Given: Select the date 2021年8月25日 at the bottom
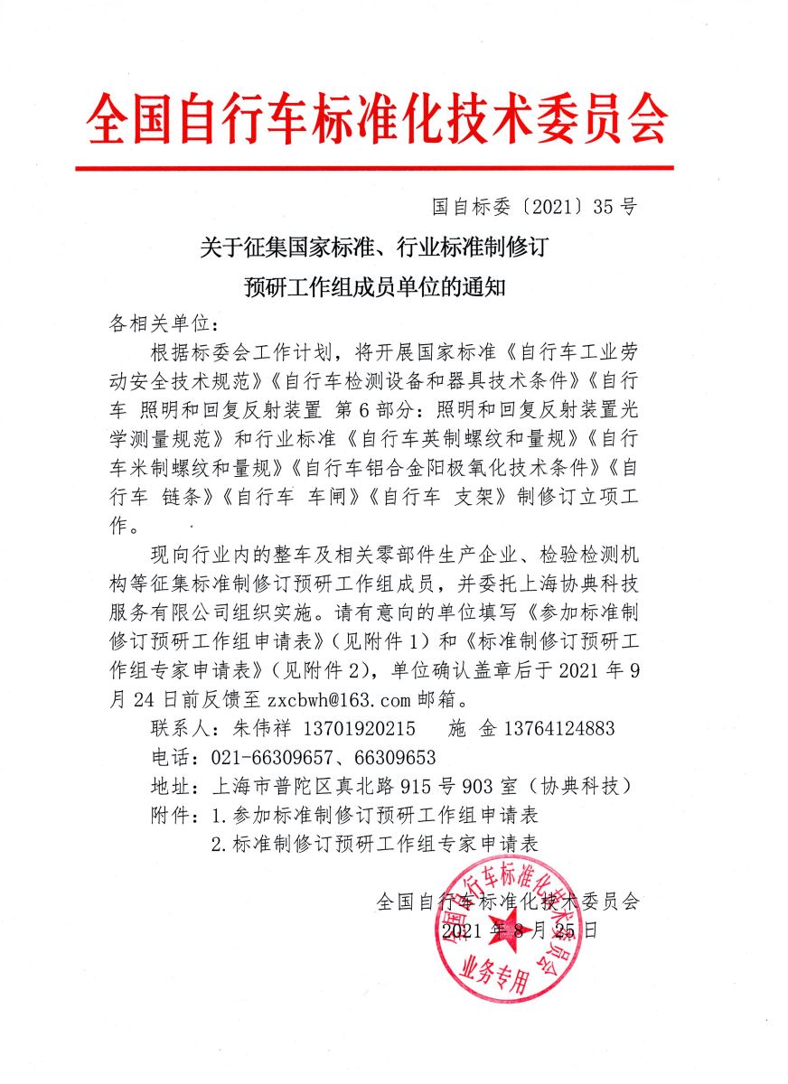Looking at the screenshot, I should (x=520, y=930).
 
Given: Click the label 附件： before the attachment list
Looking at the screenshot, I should (x=174, y=815).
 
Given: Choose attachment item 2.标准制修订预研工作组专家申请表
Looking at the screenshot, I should (x=374, y=844).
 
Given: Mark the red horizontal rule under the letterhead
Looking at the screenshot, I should (x=374, y=168).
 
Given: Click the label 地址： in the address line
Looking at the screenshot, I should (x=174, y=786).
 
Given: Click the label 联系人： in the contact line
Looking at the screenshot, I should (x=185, y=728).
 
